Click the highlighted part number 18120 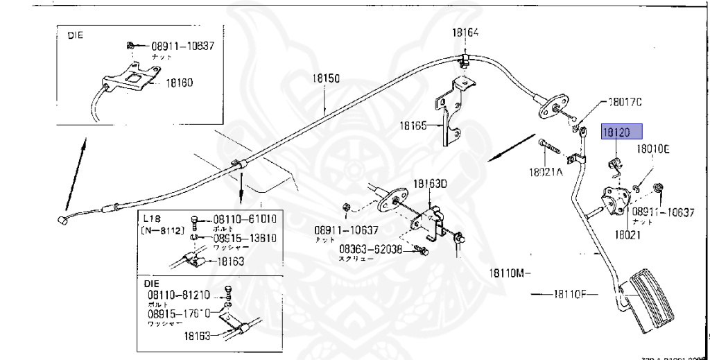tap(622, 132)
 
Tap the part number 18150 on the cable tap(324, 80)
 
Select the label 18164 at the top tap(467, 32)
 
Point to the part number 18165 tap(413, 126)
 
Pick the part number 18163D tap(431, 184)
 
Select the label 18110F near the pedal tap(571, 294)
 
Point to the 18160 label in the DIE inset tap(178, 83)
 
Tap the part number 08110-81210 tap(176, 294)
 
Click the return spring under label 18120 tap(612, 166)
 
